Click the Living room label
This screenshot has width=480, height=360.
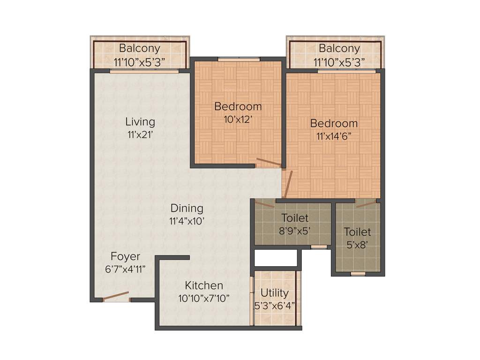pos(140,122)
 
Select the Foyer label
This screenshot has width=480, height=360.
pos(125,256)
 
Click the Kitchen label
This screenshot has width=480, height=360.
pos(203,285)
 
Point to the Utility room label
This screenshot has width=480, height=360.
pos(274,293)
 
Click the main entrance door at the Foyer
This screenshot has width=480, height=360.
pos(116,296)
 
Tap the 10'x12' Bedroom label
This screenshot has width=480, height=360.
pos(238,106)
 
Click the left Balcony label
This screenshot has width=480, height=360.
pos(139,48)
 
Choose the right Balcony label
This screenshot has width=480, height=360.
pos(339,48)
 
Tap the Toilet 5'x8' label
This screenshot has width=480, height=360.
pos(357,232)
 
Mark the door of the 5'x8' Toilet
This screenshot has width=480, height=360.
pos(366,204)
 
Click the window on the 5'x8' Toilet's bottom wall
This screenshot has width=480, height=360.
pos(358,273)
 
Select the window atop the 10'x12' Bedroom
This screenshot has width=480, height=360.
pos(239,59)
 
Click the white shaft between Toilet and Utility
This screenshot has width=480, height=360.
pos(276,257)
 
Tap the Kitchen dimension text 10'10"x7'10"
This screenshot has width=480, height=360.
pos(203,298)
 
